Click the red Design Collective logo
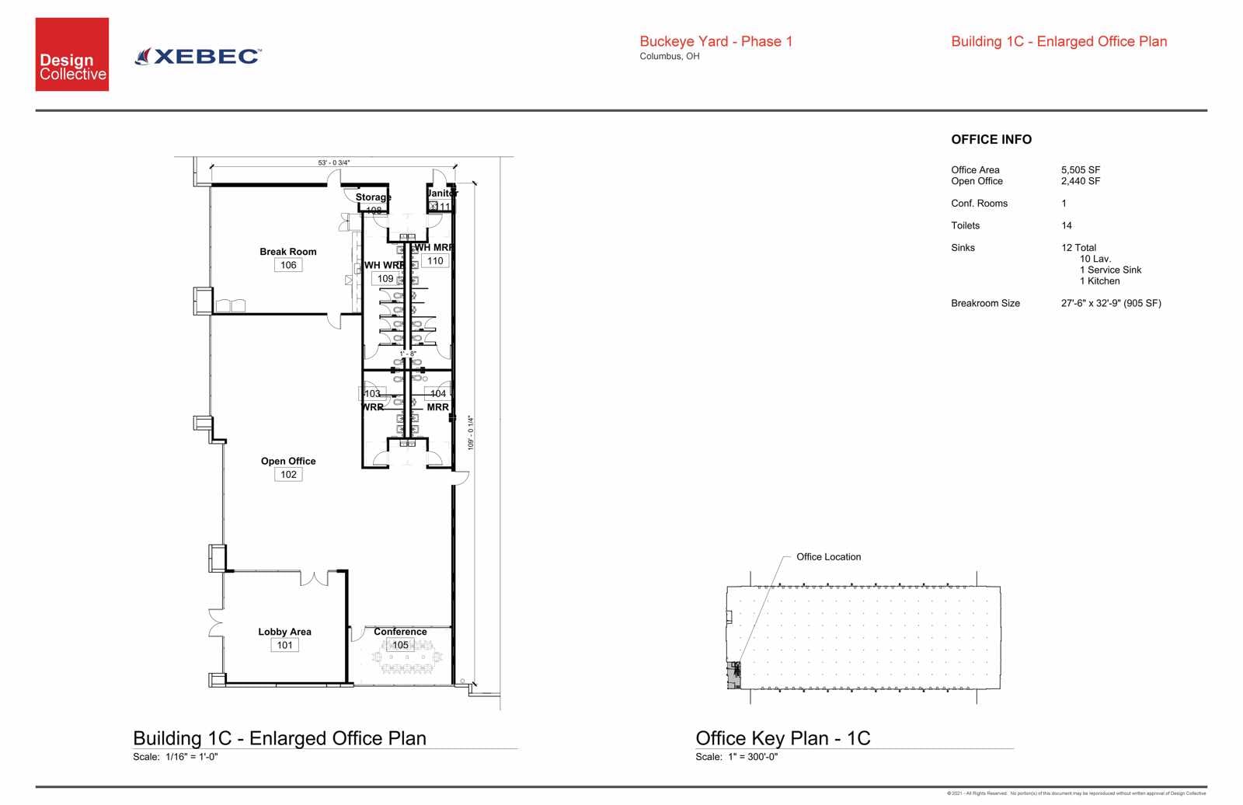pyautogui.click(x=71, y=54)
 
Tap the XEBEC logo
pyautogui.click(x=199, y=56)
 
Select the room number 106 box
pyautogui.click(x=288, y=265)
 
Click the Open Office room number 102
pyautogui.click(x=288, y=475)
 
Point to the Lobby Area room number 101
pyautogui.click(x=285, y=645)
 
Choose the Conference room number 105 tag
pyautogui.click(x=400, y=645)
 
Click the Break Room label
pyautogui.click(x=288, y=252)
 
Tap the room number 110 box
pyautogui.click(x=435, y=261)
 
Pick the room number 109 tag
pyautogui.click(x=385, y=278)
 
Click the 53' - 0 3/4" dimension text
pyautogui.click(x=334, y=162)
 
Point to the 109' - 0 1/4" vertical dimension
pyautogui.click(x=471, y=433)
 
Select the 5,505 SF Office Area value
pyautogui.click(x=1081, y=170)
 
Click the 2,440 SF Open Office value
pyautogui.click(x=1081, y=181)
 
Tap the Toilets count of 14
pyautogui.click(x=1067, y=225)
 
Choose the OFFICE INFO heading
pyautogui.click(x=991, y=140)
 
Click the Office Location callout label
pyautogui.click(x=828, y=557)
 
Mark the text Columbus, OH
pyautogui.click(x=670, y=57)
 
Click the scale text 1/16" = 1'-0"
pyautogui.click(x=191, y=757)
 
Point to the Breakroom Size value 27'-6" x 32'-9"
pyautogui.click(x=1111, y=304)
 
